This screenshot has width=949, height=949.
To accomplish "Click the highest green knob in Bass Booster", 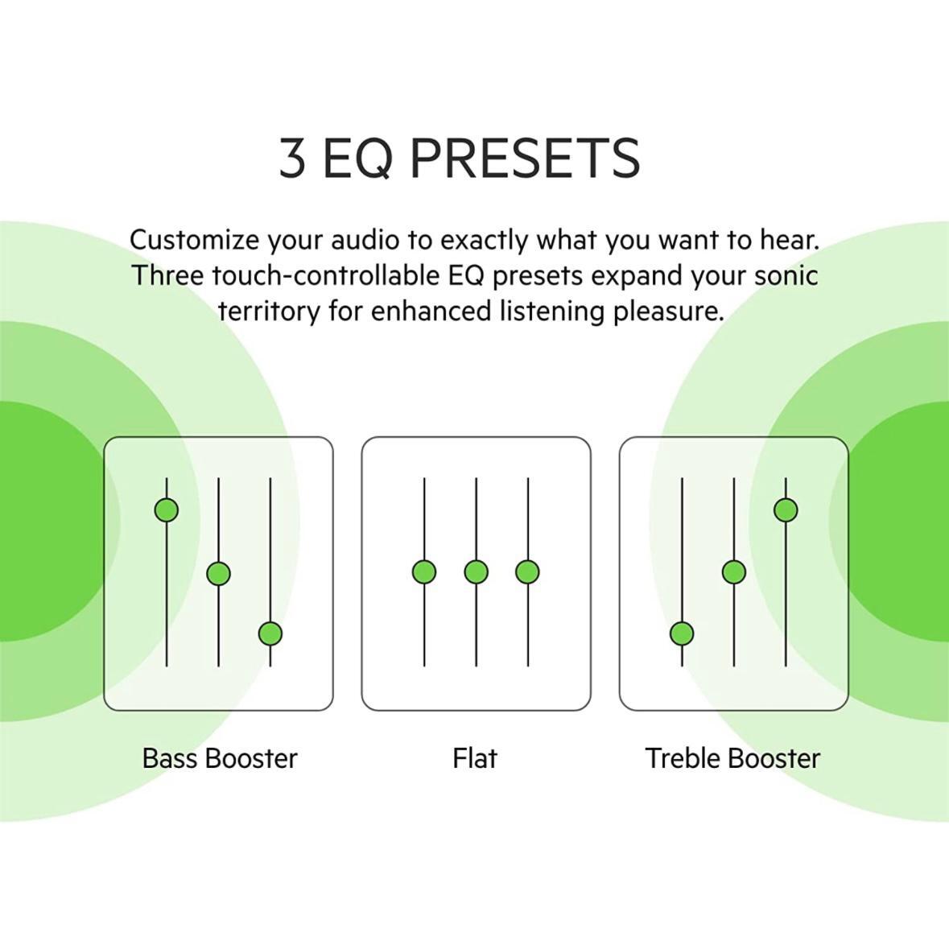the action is [x=167, y=510].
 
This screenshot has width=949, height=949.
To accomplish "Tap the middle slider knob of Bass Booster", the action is [x=218, y=573].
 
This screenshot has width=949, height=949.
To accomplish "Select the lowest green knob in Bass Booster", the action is [x=270, y=634].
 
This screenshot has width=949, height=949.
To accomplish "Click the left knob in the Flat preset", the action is [x=424, y=572].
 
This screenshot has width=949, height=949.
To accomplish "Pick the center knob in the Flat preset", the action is [x=477, y=572].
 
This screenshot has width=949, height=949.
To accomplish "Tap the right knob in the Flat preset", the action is [x=528, y=572].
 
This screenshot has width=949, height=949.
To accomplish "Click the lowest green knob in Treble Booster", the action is [x=682, y=634].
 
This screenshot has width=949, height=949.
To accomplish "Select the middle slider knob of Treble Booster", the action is [x=734, y=572].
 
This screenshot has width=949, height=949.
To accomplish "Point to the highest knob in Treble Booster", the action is [x=786, y=510].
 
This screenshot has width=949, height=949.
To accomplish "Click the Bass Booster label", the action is [x=220, y=758].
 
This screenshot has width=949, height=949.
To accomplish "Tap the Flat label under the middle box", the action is [x=475, y=758].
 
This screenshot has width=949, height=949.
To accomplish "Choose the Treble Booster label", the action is [x=733, y=758].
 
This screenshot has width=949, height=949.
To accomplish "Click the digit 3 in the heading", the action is [x=291, y=157].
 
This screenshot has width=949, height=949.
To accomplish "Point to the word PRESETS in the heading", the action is [x=526, y=157].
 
